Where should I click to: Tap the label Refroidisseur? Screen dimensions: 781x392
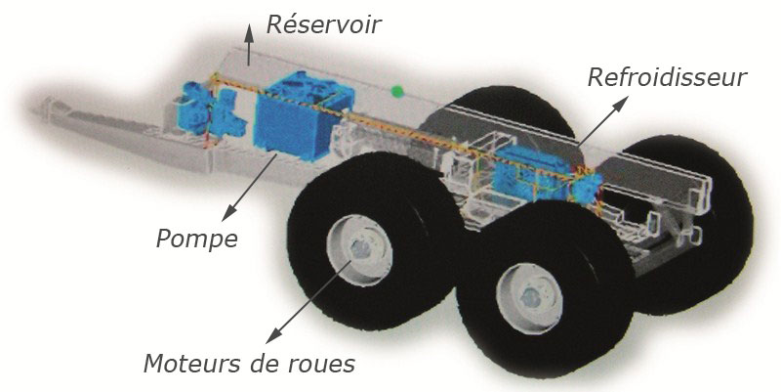668,77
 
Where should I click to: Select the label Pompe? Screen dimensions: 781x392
197,240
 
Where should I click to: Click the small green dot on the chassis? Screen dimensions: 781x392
396,91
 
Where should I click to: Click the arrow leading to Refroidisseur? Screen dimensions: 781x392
602,121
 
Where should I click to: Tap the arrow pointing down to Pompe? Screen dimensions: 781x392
249,187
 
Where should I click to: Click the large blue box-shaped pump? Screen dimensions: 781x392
303,115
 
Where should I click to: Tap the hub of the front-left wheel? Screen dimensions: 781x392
359,250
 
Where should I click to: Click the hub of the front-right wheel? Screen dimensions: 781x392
529,299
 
